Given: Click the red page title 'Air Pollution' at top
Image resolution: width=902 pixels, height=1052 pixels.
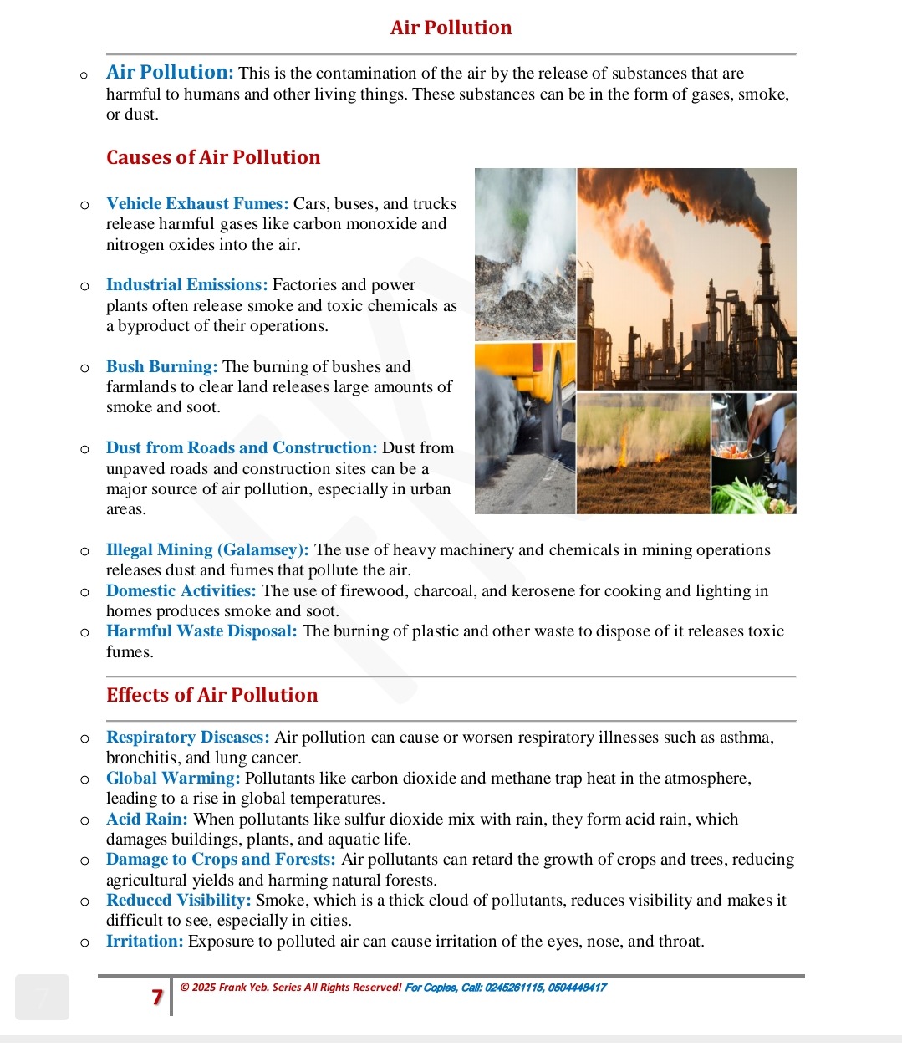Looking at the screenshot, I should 451,28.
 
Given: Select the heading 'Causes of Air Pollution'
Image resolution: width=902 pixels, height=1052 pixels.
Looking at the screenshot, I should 213,157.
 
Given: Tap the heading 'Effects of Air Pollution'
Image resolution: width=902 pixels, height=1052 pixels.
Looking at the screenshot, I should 211,695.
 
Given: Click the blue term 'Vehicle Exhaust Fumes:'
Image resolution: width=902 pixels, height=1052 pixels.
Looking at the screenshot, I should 197,203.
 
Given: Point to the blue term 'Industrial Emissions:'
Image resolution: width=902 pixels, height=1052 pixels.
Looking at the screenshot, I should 186,284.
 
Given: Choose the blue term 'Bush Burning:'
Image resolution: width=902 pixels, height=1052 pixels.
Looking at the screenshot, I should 161,366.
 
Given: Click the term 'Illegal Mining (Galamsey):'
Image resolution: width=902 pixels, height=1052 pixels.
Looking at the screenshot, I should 207,549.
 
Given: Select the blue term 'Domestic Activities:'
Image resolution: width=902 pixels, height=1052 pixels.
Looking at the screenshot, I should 181,590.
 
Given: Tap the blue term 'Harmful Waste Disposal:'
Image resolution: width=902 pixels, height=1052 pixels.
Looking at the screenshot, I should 201,631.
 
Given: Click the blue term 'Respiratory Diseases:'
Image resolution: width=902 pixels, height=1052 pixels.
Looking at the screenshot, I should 187,737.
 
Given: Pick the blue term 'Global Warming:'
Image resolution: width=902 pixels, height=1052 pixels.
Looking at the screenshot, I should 173,778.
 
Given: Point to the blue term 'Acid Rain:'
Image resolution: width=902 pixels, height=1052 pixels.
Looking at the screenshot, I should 146,819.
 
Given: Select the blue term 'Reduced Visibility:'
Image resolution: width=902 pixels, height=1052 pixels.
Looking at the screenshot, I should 178,900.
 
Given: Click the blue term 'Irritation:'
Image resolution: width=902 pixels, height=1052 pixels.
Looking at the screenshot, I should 144,941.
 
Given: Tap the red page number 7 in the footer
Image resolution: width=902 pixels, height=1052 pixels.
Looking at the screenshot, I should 156,996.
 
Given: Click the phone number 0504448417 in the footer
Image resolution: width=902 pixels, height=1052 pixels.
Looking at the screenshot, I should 577,988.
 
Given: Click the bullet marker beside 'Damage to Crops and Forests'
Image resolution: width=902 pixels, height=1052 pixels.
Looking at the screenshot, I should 84,860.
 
